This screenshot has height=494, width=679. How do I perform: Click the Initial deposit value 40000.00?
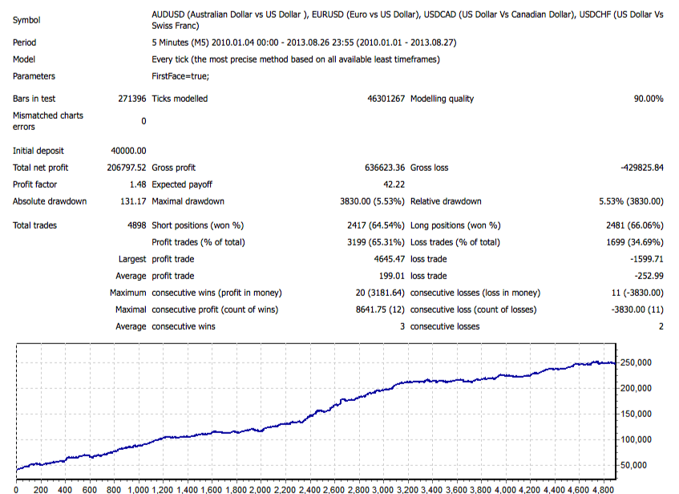tap(129, 151)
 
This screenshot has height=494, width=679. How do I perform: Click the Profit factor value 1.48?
tap(138, 184)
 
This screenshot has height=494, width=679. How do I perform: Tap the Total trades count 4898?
tap(136, 225)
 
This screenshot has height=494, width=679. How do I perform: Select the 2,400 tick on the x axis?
tap(310, 488)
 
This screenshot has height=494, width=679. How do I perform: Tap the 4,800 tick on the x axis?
tap(604, 488)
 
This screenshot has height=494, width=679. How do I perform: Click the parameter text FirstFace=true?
tap(181, 76)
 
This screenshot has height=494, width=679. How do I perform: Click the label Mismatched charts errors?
tap(48, 121)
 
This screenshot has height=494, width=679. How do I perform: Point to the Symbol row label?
tap(27, 20)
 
